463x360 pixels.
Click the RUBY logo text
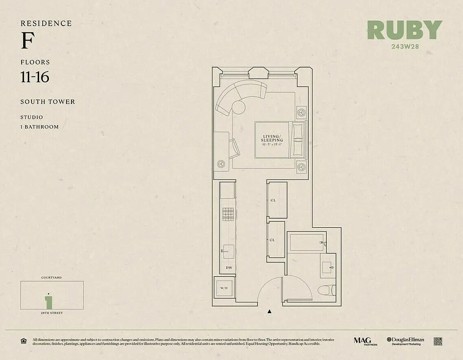click(405, 30)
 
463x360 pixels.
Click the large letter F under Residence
click(27, 42)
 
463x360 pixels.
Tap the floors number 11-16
click(35, 77)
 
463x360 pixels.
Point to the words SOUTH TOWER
click(48, 102)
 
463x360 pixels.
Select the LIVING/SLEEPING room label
click(272, 138)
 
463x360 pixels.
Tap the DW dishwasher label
click(229, 268)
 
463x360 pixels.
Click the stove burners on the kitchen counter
click(229, 214)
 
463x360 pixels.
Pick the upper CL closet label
click(273, 200)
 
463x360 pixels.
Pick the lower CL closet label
click(273, 240)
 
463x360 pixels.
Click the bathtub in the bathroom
click(305, 243)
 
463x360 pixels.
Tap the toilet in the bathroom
click(325, 290)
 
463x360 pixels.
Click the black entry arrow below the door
click(270, 311)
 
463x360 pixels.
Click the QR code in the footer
click(438, 341)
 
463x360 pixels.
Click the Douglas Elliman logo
click(405, 341)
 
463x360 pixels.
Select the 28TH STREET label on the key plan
click(52, 313)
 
